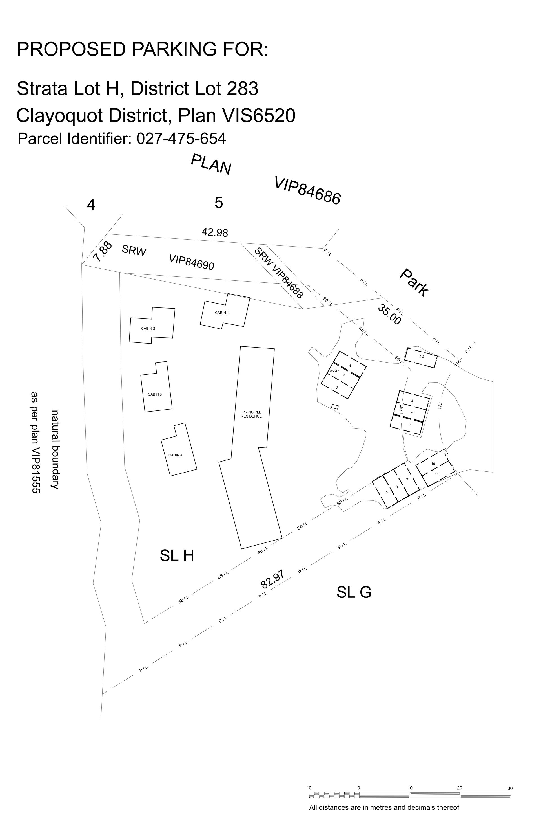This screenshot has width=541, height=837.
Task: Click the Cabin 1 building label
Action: [x=222, y=313]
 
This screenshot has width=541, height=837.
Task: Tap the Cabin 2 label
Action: [x=148, y=328]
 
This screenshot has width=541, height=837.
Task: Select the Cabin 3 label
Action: [x=155, y=394]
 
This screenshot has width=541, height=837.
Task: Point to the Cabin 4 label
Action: [x=175, y=455]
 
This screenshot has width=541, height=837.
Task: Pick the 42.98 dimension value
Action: [x=215, y=232]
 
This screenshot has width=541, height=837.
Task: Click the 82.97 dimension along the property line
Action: [x=272, y=579]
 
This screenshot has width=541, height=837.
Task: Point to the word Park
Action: [x=414, y=282]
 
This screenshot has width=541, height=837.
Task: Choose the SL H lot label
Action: [x=177, y=556]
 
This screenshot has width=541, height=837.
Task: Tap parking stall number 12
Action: [x=422, y=357]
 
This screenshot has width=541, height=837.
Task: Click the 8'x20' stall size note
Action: [x=334, y=371]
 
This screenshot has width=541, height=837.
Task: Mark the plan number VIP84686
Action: [x=307, y=191]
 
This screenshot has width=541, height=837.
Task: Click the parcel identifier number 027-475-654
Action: [x=181, y=139]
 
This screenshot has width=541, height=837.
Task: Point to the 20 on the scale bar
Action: [x=459, y=788]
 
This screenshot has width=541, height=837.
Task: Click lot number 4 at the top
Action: [x=91, y=205]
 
